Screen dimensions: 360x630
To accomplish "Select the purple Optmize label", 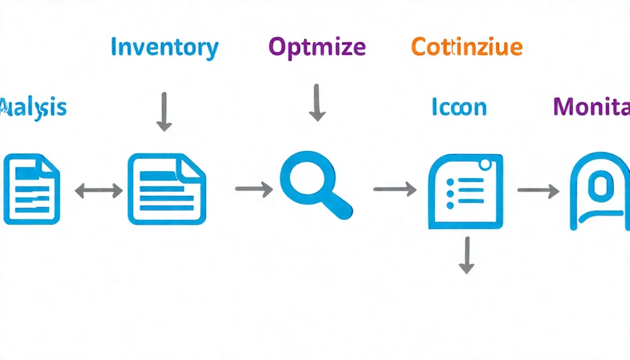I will click(x=317, y=47).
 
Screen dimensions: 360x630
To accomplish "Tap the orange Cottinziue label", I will click(x=467, y=47).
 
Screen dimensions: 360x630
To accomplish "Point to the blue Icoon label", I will click(x=459, y=107).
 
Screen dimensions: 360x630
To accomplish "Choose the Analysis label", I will click(x=33, y=107).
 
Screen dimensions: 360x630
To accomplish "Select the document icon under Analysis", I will click(x=31, y=189).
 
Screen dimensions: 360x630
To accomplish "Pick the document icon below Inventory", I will click(x=166, y=189).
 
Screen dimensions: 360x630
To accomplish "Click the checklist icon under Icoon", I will click(x=465, y=192).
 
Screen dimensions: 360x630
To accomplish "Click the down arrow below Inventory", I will click(x=164, y=112).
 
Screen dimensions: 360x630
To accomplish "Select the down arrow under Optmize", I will click(x=317, y=103).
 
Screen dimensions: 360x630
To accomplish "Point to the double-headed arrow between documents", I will click(x=98, y=190).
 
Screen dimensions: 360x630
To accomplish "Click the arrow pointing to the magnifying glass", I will click(x=254, y=189).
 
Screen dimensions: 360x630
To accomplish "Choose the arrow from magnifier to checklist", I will click(x=395, y=189).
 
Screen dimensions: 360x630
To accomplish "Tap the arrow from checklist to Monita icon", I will click(x=538, y=190).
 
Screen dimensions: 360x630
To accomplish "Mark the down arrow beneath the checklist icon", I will click(x=466, y=255).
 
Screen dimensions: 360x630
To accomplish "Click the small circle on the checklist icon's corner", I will click(x=485, y=164).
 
